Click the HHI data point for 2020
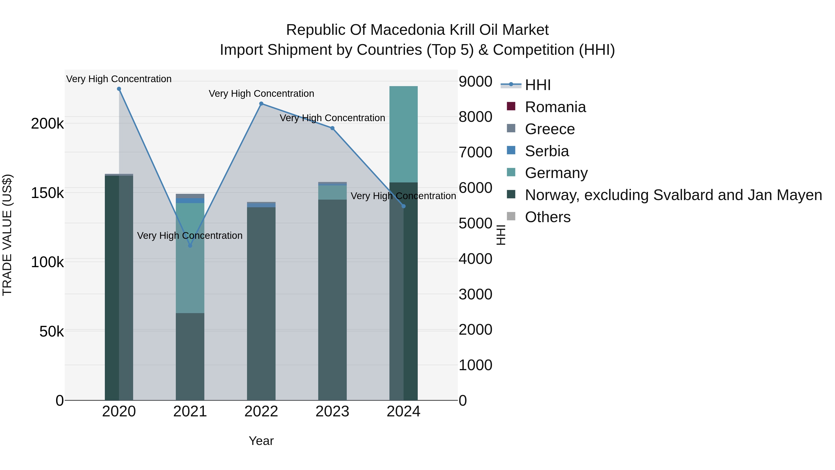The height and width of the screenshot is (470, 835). click(119, 89)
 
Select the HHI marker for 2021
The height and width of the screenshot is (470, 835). click(190, 246)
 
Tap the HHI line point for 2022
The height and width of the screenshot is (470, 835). click(261, 104)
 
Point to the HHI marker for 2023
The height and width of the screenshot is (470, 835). click(332, 128)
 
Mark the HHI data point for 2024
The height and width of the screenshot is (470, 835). click(404, 206)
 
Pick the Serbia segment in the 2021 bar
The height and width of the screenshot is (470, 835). click(190, 201)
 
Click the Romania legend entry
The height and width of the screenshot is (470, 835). click(555, 107)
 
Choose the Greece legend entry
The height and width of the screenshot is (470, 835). click(550, 129)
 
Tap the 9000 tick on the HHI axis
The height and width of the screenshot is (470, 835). click(475, 81)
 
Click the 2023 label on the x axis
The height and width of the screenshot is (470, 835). click(332, 412)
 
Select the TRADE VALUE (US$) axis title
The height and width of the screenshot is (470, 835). click(7, 235)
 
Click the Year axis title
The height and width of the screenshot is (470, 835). click(261, 441)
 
